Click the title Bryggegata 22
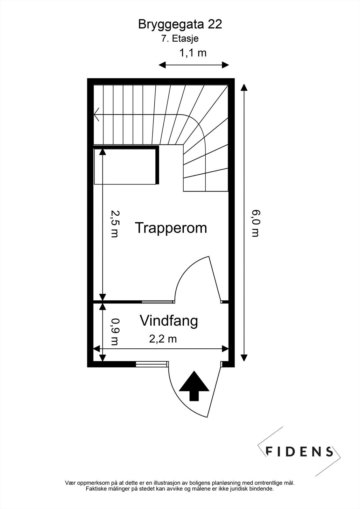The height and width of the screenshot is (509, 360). [180, 24]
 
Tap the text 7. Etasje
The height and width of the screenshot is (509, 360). [180, 39]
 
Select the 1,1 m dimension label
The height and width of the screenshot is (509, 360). [193, 52]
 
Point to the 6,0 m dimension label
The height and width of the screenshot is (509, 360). [256, 223]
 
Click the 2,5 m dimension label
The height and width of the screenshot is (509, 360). [114, 224]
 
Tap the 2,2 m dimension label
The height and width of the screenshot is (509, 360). [163, 339]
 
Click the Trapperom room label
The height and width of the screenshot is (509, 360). [171, 228]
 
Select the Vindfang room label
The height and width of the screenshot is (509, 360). [169, 321]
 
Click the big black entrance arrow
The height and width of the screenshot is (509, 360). [194, 385]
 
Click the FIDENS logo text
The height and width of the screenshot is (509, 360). [299, 451]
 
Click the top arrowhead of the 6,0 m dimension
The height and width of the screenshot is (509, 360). [244, 87]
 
